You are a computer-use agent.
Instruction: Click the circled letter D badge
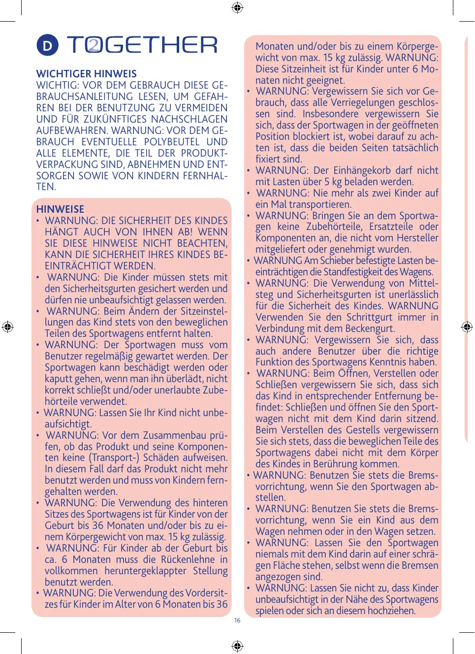click(x=47, y=46)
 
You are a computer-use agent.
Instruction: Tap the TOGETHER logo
click(x=142, y=45)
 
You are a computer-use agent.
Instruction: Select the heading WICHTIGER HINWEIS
click(x=87, y=74)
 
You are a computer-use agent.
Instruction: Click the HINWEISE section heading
click(x=60, y=209)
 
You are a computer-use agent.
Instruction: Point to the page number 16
click(x=237, y=621)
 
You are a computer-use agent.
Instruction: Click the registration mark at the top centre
click(x=237, y=7)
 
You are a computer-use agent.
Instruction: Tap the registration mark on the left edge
click(x=7, y=327)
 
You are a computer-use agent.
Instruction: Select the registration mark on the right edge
click(x=467, y=327)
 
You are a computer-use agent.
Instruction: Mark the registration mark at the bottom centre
click(x=237, y=646)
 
